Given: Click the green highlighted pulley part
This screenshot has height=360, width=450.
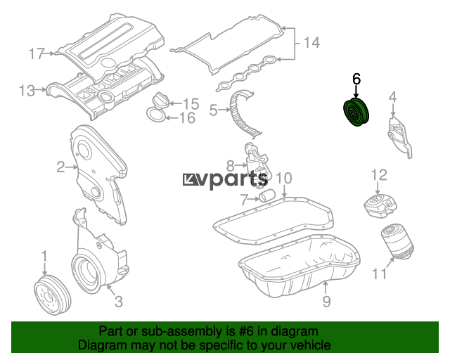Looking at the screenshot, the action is [x=356, y=112].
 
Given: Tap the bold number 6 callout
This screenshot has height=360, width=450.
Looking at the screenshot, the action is [x=356, y=79].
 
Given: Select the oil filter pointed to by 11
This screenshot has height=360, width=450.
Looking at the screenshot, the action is [x=397, y=243].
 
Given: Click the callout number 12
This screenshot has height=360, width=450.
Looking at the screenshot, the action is [x=379, y=175].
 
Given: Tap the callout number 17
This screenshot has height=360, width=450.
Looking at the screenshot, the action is [x=37, y=54].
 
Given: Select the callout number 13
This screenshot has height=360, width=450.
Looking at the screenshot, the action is [x=27, y=91].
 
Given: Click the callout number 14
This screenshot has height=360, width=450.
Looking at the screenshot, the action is [x=311, y=42].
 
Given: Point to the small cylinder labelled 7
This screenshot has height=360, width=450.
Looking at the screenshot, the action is [x=267, y=195].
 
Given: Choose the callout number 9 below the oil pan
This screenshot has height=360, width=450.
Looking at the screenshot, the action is [x=326, y=301].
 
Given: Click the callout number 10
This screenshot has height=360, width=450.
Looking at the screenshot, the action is [x=284, y=178].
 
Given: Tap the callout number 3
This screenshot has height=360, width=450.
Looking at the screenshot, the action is [x=119, y=302].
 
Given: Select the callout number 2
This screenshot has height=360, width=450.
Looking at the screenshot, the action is [x=61, y=167].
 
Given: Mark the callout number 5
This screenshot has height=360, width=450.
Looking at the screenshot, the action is [x=214, y=110].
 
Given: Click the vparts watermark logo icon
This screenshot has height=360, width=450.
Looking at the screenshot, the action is [x=190, y=179].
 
